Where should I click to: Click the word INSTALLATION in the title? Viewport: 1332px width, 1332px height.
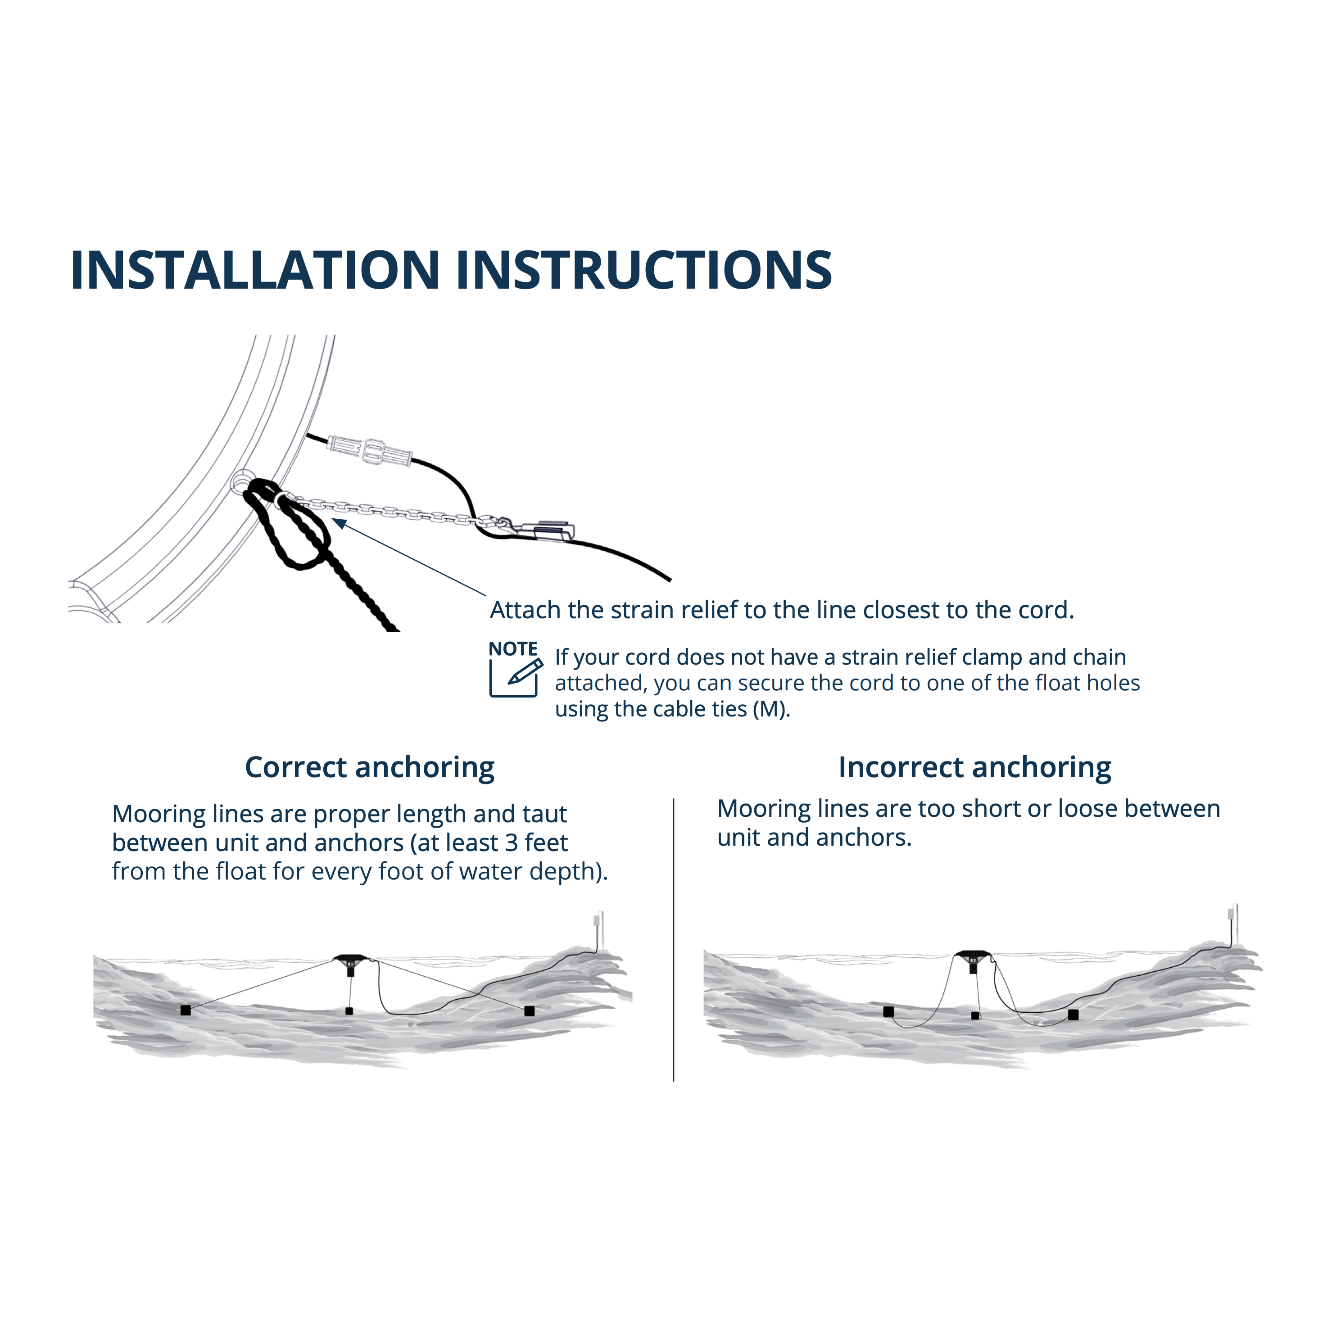click(255, 270)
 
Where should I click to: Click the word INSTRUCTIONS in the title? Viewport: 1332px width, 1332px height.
click(644, 270)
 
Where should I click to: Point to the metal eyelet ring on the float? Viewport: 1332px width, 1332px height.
click(241, 480)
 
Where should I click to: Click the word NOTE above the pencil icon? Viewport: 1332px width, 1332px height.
click(513, 649)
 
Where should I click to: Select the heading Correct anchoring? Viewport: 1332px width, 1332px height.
click(370, 767)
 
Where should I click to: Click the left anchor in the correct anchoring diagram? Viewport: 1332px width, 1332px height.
click(186, 1010)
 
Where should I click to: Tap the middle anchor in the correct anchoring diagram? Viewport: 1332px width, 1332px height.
click(349, 1011)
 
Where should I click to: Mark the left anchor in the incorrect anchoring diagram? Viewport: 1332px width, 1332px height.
click(889, 1011)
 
